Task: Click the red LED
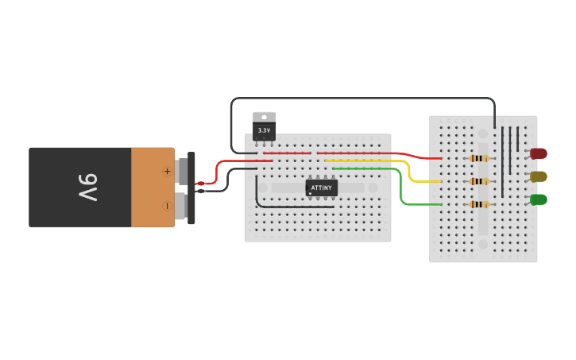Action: pyautogui.click(x=539, y=153)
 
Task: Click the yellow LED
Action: pyautogui.click(x=539, y=176)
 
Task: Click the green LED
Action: pyautogui.click(x=539, y=199)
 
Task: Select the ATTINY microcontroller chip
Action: pyautogui.click(x=322, y=188)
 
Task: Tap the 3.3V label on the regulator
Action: pyautogui.click(x=264, y=130)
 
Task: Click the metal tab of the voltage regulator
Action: pyautogui.click(x=264, y=117)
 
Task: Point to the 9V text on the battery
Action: pyautogui.click(x=87, y=188)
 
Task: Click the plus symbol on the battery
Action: pyautogui.click(x=167, y=171)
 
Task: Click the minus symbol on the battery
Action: pyautogui.click(x=167, y=205)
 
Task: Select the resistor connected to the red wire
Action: pyautogui.click(x=478, y=158)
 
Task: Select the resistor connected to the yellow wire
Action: pyautogui.click(x=478, y=181)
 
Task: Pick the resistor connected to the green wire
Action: pyautogui.click(x=478, y=204)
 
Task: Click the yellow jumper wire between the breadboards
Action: pyautogui.click(x=408, y=172)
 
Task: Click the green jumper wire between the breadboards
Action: pyautogui.click(x=401, y=191)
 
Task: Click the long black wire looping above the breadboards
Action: pyautogui.click(x=358, y=99)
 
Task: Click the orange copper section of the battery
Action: pyautogui.click(x=153, y=187)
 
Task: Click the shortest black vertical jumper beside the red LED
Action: pyautogui.click(x=517, y=138)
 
